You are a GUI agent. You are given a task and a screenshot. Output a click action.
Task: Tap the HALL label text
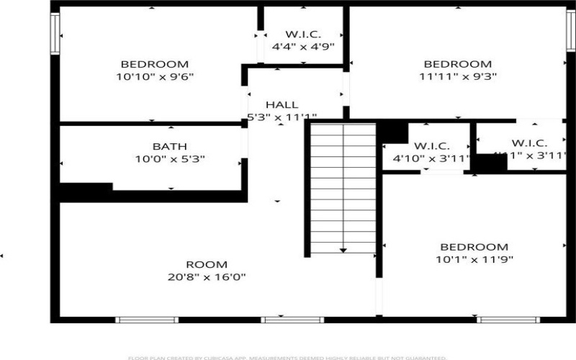282,104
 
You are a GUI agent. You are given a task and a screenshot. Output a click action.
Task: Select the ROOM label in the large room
207,264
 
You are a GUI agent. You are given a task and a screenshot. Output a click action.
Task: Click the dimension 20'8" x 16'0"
207,276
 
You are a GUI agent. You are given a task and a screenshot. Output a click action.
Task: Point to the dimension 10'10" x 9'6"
155,76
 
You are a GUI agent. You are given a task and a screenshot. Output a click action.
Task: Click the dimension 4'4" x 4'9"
302,47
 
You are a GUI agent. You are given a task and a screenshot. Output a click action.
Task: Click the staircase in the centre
343,187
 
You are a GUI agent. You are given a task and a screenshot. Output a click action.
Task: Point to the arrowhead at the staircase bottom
343,251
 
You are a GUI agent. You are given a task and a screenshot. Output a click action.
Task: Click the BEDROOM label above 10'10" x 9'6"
155,63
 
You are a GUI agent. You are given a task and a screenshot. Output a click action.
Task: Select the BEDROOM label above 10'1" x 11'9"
474,246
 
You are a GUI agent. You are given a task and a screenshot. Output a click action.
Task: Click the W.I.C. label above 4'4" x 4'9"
302,34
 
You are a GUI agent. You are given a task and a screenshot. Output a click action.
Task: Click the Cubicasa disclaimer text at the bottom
287,357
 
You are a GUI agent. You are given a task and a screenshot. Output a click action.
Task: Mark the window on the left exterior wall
54,32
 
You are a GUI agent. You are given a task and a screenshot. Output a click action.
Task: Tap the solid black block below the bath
85,191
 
